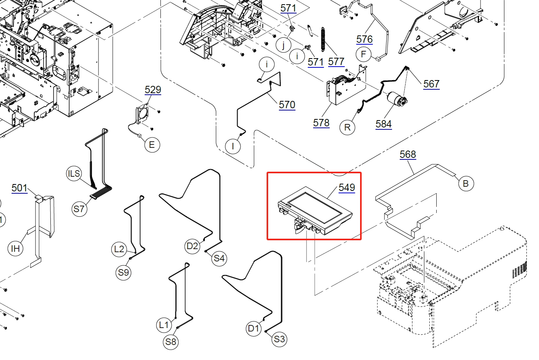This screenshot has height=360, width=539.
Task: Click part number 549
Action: click(x=347, y=188)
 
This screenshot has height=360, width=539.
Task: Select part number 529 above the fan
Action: click(x=153, y=90)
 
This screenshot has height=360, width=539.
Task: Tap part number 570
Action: click(x=287, y=105)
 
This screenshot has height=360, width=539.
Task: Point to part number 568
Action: click(x=408, y=154)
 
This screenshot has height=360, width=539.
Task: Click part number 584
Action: click(x=384, y=124)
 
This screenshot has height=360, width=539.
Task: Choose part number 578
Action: click(x=321, y=123)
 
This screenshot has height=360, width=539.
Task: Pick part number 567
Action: click(x=431, y=84)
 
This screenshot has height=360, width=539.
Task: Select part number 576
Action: click(x=364, y=39)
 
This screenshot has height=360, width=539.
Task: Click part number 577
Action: click(x=336, y=62)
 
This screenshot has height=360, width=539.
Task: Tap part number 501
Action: click(x=19, y=188)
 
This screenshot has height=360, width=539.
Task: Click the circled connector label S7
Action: click(x=79, y=209)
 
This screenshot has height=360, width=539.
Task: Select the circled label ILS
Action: click(x=74, y=174)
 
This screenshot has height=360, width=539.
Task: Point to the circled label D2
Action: click(x=192, y=246)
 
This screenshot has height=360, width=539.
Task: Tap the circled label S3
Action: click(x=279, y=339)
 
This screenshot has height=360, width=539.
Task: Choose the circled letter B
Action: click(x=466, y=184)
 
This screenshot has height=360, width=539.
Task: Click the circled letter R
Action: click(x=347, y=127)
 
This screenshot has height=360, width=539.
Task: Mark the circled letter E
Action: click(x=152, y=145)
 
